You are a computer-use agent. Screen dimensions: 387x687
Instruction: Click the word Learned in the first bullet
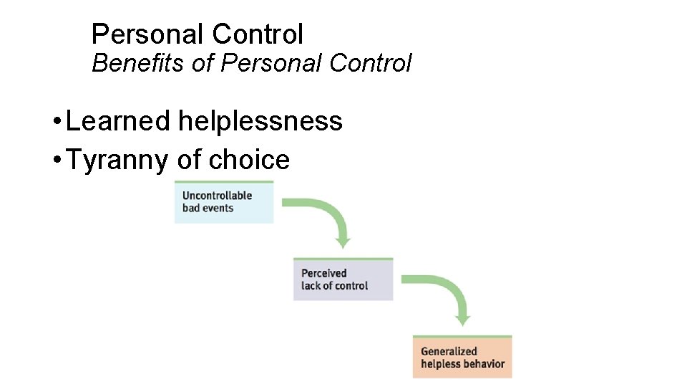point(117,121)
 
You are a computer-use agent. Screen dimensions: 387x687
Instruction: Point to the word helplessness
point(260,121)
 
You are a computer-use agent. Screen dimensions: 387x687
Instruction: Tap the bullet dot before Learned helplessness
point(56,121)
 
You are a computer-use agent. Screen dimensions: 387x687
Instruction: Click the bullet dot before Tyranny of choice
point(56,160)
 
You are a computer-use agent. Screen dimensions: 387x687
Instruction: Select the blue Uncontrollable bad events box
point(224,202)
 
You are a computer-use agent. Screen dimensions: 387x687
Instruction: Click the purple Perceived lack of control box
point(343,279)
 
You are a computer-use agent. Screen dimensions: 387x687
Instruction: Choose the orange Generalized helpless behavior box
point(462,357)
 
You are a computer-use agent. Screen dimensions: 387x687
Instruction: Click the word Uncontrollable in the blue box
point(217,196)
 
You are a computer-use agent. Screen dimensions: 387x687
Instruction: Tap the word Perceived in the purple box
point(323,273)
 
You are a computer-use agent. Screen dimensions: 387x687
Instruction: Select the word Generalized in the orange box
point(448,351)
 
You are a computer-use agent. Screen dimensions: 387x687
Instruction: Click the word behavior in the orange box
point(483,363)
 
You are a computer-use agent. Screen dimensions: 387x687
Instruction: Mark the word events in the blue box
point(218,209)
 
